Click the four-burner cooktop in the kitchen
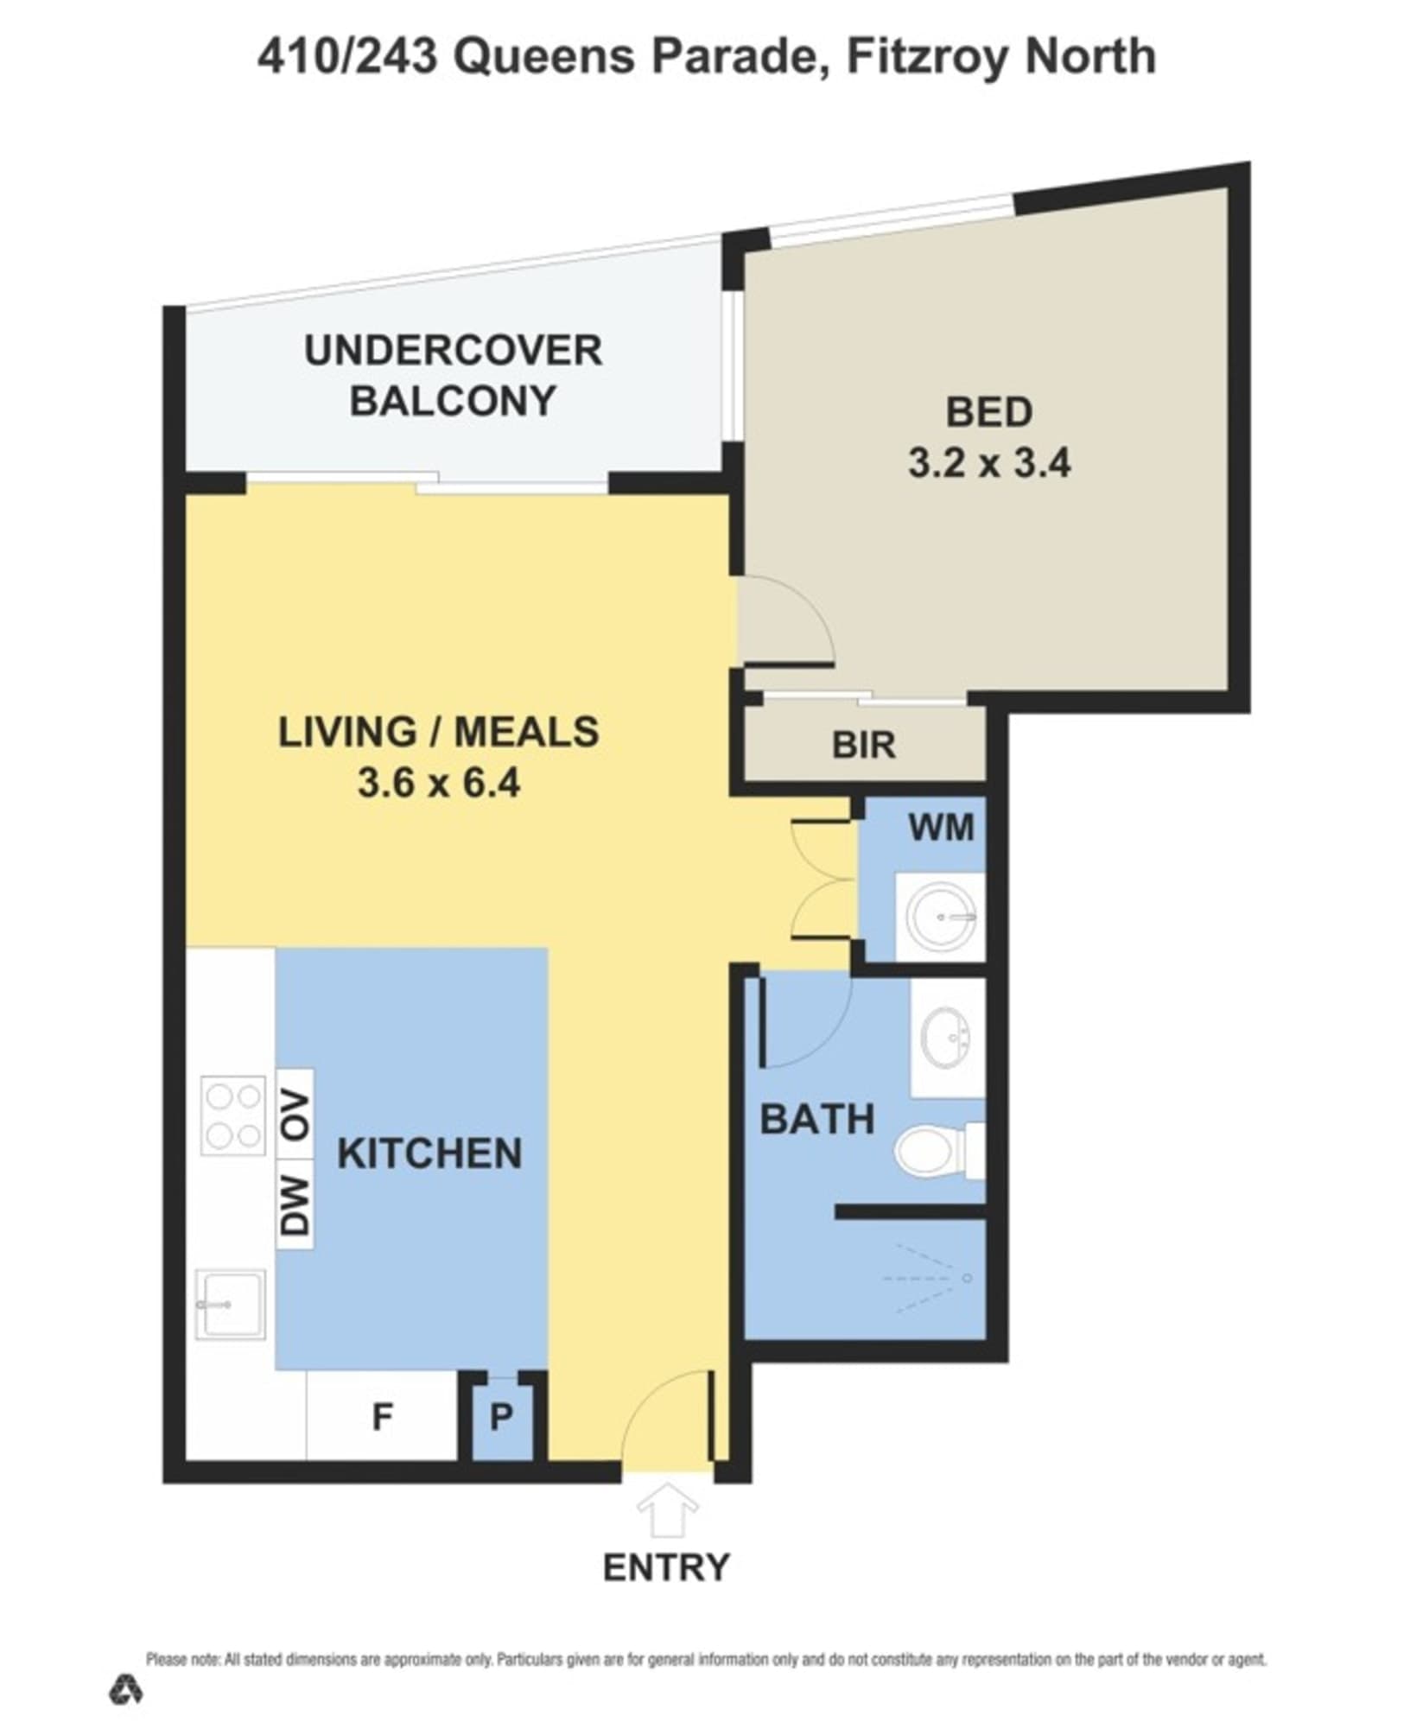point(232,1115)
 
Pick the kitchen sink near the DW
point(230,1304)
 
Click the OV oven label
point(295,1115)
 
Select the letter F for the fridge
point(382,1417)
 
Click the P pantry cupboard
point(501,1417)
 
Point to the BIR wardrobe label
point(863,745)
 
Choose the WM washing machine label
point(941,828)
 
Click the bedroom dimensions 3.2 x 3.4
point(989,463)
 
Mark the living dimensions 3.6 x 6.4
point(439,784)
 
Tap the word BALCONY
point(453,401)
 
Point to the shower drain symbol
point(968,1278)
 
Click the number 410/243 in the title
point(346,57)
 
